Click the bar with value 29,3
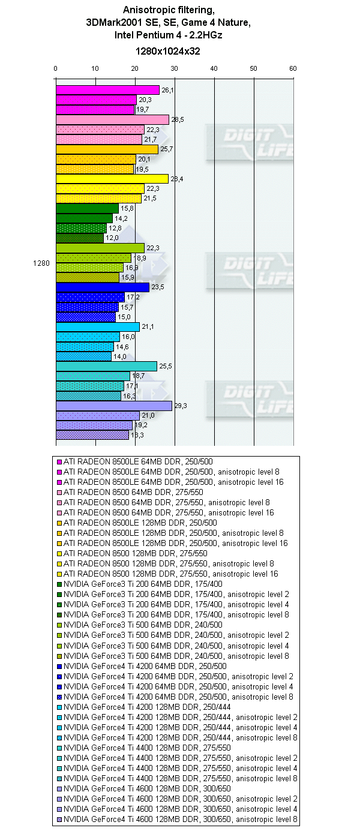click(114, 406)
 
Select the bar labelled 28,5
click(112, 120)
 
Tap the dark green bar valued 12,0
click(80, 238)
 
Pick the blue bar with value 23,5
click(103, 287)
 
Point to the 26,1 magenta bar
click(107, 90)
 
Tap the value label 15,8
click(126, 208)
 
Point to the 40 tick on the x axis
click(214, 68)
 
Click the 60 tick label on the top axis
click(293, 68)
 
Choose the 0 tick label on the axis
click(56, 68)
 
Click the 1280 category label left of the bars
click(41, 262)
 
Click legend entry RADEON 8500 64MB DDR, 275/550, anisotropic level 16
click(169, 512)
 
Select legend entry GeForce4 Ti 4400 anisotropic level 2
click(178, 758)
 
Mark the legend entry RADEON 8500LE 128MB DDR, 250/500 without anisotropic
click(136, 523)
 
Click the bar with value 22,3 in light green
click(100, 248)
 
